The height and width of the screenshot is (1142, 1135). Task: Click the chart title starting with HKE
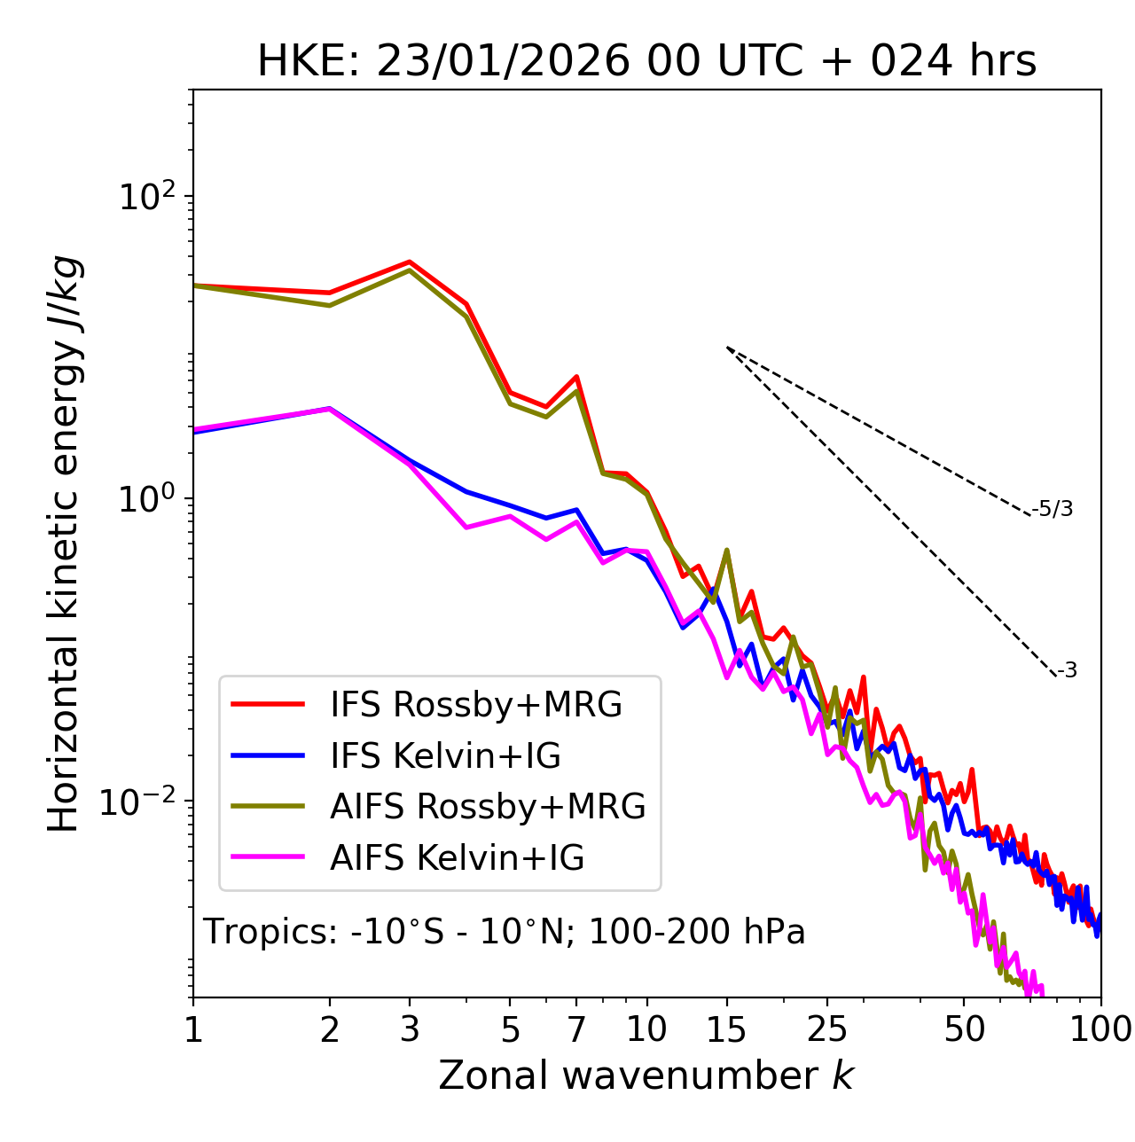click(x=646, y=62)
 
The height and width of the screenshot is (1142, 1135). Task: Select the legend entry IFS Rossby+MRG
click(x=475, y=705)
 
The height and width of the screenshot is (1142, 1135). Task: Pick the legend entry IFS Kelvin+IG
click(x=445, y=756)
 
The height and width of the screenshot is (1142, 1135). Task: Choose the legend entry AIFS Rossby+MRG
click(x=488, y=807)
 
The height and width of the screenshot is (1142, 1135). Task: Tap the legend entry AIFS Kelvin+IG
click(x=457, y=858)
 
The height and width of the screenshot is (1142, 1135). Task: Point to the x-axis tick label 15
click(x=726, y=1029)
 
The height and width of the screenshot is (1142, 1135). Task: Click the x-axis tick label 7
click(x=576, y=1029)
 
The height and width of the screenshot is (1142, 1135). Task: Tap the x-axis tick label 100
click(x=1100, y=1029)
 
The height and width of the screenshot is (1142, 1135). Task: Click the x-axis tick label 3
click(x=410, y=1029)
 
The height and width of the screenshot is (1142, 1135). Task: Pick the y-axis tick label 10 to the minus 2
click(x=142, y=802)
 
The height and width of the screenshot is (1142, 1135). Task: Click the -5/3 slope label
click(x=1053, y=509)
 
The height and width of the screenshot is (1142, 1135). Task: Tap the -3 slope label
click(x=1067, y=671)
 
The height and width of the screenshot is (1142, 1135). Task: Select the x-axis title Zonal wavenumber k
click(x=646, y=1076)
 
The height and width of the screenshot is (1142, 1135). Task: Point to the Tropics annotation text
click(x=505, y=933)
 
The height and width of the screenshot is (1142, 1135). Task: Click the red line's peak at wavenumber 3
click(x=410, y=262)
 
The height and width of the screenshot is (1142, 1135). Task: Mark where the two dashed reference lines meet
click(x=727, y=348)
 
